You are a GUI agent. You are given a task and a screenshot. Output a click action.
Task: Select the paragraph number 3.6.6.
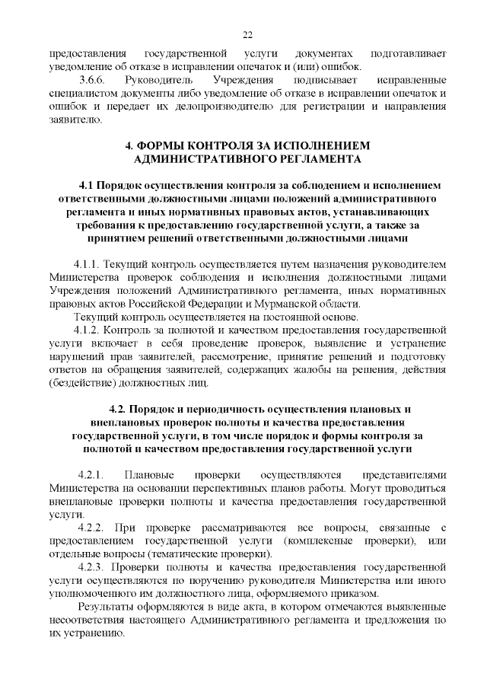coord(94,80)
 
